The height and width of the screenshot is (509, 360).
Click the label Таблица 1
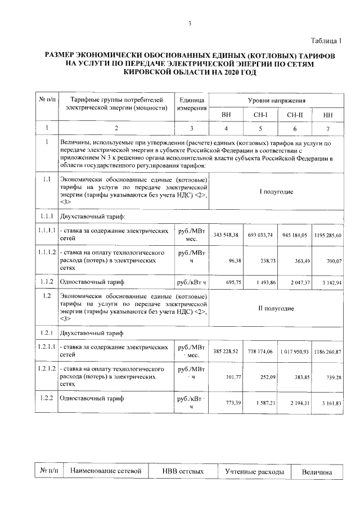(327, 39)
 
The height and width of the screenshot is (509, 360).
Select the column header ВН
(226, 115)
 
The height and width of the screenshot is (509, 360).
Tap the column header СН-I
(260, 115)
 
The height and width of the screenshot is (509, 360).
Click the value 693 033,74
(260, 235)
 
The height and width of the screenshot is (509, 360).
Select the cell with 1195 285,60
(327, 235)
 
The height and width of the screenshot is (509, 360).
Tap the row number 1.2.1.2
(46, 369)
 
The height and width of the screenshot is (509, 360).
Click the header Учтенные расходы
(254, 471)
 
